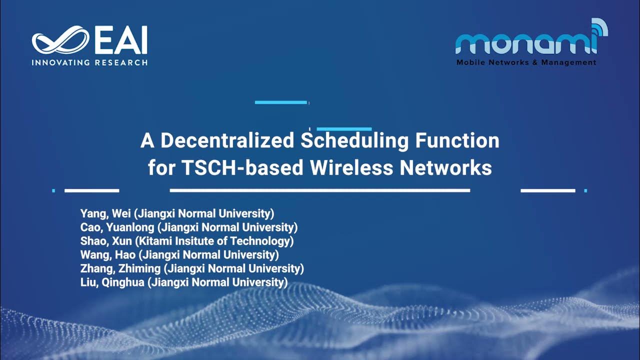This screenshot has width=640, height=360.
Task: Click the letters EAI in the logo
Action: (120, 40)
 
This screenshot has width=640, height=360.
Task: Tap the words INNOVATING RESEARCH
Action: (89, 63)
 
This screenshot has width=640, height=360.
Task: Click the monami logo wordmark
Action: (525, 44)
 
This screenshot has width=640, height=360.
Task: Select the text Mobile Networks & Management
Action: (526, 62)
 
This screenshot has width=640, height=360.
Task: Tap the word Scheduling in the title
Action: (355, 140)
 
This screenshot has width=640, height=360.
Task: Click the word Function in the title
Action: (457, 140)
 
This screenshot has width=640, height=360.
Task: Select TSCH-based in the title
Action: (241, 167)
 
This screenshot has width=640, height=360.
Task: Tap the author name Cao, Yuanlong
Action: (117, 227)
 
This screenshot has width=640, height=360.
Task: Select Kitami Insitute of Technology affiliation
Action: (216, 241)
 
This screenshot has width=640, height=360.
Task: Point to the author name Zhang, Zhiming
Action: (120, 268)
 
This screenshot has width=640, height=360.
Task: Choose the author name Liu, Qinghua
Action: (113, 282)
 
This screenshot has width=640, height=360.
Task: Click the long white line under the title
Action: (320, 190)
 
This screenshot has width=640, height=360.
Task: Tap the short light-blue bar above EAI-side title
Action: (280, 102)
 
